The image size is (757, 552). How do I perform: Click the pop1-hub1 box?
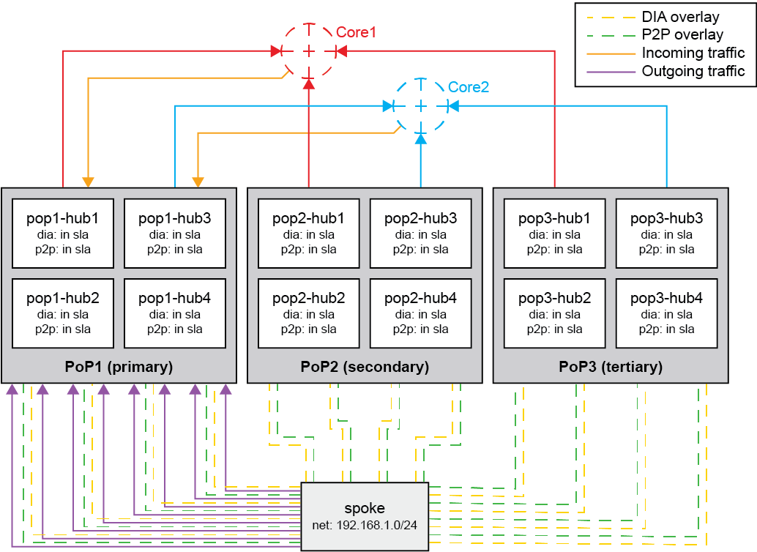click(62, 234)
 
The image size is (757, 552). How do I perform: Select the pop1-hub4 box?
click(174, 313)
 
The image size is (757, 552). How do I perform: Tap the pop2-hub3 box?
click(420, 234)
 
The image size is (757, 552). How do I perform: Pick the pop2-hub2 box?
click(308, 313)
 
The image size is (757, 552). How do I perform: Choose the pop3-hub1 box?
click(554, 234)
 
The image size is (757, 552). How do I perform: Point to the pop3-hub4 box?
click(666, 313)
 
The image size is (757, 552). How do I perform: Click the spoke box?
click(365, 516)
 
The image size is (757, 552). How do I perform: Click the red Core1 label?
click(356, 33)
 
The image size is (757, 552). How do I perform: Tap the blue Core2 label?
click(469, 87)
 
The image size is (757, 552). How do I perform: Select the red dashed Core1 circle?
click(309, 51)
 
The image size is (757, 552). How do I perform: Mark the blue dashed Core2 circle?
click(421, 106)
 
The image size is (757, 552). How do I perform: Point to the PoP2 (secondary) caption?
click(365, 367)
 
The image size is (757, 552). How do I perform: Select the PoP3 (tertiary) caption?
click(611, 367)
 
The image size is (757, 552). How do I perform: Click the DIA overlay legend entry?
click(680, 17)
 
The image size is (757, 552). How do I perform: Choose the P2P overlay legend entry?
click(682, 34)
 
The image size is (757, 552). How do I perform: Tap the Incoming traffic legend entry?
click(693, 53)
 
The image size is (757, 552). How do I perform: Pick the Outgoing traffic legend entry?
click(693, 71)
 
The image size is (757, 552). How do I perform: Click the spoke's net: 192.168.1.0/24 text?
click(365, 526)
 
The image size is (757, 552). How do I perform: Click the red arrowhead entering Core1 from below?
click(309, 83)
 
